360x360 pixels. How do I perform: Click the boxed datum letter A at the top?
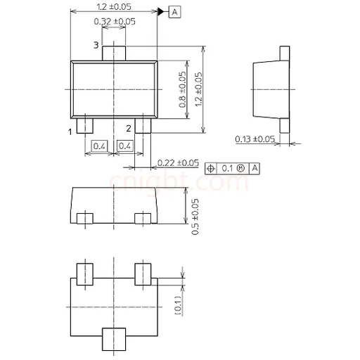tap(175, 12)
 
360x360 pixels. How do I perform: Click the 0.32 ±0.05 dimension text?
tap(115, 22)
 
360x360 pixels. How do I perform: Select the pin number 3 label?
tap(96, 45)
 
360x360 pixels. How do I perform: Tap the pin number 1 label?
tap(70, 131)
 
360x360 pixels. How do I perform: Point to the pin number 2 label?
tap(129, 128)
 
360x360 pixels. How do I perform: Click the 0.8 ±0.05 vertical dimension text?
tap(182, 89)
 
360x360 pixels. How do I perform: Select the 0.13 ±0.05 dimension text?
tap(255, 139)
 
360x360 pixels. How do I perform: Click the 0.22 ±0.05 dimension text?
tap(178, 162)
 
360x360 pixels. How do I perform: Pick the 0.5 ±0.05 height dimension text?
tap(195, 217)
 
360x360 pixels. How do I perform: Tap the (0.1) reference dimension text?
tap(179, 305)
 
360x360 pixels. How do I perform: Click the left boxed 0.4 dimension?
tap(99, 146)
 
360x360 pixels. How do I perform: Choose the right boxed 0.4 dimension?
tap(124, 146)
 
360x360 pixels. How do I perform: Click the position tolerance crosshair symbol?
tap(211, 168)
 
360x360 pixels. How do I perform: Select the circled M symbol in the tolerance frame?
tap(240, 168)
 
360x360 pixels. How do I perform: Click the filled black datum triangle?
tap(161, 11)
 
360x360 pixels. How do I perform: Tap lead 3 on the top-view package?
tap(114, 53)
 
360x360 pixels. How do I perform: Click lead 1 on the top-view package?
tap(85, 125)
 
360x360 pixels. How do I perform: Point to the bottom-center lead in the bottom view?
tap(114, 339)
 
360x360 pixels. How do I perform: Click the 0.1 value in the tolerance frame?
tap(227, 168)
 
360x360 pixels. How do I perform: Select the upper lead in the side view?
tap(285, 53)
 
